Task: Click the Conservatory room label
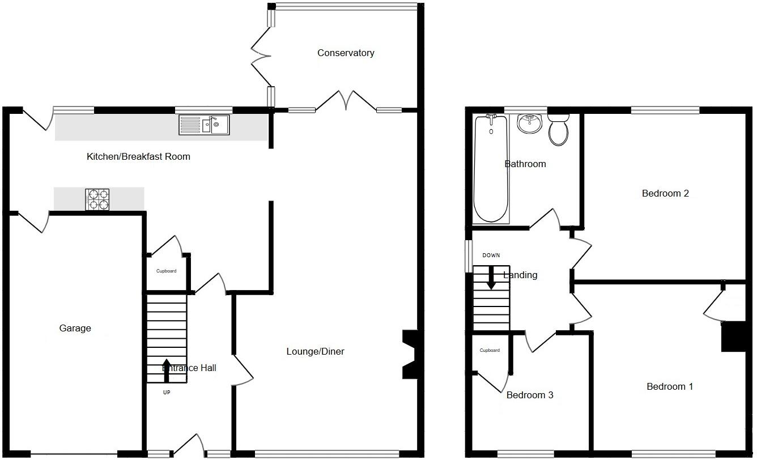coord(346,53)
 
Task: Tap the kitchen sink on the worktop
coord(204,125)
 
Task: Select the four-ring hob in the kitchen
coord(97,199)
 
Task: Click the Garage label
coord(75,329)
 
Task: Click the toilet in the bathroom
coord(558,130)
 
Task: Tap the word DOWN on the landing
coord(491,255)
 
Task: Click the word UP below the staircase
coord(166,392)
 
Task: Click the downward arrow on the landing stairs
coord(491,278)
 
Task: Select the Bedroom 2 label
coord(665,194)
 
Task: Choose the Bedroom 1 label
coord(670,387)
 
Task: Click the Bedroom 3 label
coord(530,395)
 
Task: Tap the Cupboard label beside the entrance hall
coord(166,271)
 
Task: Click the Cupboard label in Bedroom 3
coord(490,351)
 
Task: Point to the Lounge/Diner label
coord(315,352)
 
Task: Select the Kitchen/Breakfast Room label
coord(138,157)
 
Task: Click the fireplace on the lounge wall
coord(410,355)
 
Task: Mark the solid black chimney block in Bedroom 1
coord(733,337)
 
